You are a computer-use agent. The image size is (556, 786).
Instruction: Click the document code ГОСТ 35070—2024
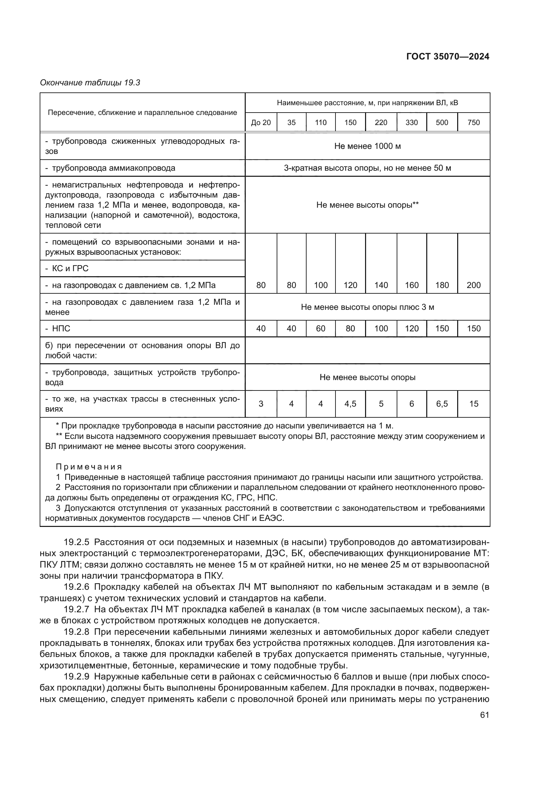(447, 56)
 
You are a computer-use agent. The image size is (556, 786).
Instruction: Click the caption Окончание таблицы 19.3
(90, 83)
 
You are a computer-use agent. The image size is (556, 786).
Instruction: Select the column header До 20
(261, 123)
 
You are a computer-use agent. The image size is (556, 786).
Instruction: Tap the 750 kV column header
(474, 123)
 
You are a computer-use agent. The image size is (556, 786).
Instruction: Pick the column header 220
(381, 123)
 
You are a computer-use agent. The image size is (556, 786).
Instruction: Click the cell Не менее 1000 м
(367, 146)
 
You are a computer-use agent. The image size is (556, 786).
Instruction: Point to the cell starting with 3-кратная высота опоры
(367, 168)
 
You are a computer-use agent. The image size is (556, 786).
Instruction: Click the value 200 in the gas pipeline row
(474, 285)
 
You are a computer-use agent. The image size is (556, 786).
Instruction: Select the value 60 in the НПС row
(320, 329)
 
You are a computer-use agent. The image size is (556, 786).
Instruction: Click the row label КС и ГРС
(70, 268)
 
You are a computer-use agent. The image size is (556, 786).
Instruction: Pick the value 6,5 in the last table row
(442, 404)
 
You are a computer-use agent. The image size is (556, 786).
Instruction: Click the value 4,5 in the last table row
(350, 404)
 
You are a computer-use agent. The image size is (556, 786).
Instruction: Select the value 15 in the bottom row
(474, 404)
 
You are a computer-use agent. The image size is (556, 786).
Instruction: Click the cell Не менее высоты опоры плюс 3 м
(367, 307)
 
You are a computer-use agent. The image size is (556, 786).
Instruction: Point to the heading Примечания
(89, 467)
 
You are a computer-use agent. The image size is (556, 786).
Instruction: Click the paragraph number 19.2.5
(76, 542)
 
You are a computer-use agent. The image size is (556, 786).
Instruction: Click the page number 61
(484, 715)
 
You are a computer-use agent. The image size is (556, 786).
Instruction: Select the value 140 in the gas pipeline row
(381, 285)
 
